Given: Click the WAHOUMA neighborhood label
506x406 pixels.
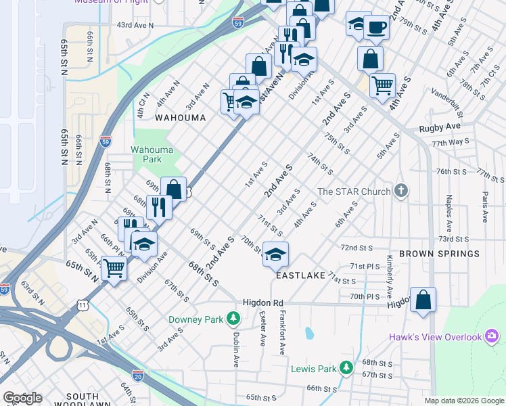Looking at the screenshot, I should point(180,117).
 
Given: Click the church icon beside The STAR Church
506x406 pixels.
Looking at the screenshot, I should point(401,191).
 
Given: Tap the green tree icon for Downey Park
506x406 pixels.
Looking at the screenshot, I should point(233,317).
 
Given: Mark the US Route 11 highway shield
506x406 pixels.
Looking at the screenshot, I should point(82,306).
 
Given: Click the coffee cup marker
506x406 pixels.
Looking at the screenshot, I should point(376,27).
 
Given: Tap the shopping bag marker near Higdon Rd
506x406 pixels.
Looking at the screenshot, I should point(423,300).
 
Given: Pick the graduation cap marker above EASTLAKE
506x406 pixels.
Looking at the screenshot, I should point(275,254).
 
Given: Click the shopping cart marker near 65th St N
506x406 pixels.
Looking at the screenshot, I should point(114,268).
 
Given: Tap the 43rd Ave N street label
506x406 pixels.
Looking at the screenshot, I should point(135,24).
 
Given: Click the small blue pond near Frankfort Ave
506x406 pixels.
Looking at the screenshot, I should point(309,333).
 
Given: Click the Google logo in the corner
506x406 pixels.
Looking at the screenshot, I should point(22,398).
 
